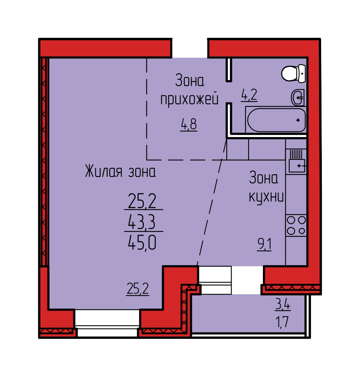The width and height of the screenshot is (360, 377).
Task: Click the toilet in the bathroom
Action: pos(294,73)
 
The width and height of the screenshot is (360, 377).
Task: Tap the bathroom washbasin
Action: pos(298,97)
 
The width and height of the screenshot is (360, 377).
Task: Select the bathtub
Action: pos(276,120)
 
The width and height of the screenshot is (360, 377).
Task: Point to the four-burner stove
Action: pos(296,226)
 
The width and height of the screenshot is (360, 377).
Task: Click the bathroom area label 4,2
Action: pos(249,95)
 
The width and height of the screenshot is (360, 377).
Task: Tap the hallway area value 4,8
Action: pos(189,125)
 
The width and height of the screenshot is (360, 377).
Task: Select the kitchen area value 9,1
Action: pos(264,245)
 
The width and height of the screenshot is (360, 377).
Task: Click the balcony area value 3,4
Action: pos(283,304)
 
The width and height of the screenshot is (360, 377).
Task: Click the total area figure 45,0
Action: pos(142,243)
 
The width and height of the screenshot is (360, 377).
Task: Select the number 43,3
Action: pos(142,221)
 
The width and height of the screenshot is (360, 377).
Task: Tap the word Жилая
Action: pos(104,171)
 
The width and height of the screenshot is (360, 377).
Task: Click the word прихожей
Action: pos(190,100)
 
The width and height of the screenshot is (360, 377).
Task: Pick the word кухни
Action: pos(266,197)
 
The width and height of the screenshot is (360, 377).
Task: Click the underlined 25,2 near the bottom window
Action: pos(138,289)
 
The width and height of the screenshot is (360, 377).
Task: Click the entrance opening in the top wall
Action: pos(190,48)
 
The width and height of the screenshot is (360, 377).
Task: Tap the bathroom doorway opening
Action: pos(229,92)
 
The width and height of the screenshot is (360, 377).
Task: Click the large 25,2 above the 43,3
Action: pos(142,201)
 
